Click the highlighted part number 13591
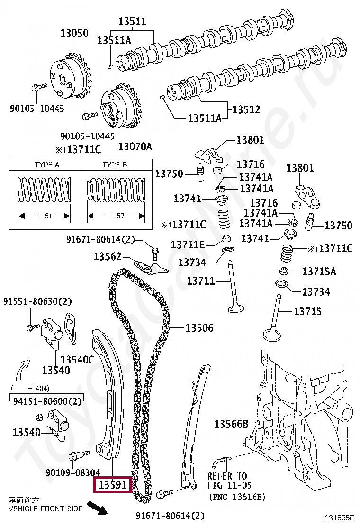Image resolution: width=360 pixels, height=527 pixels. pos(113,485)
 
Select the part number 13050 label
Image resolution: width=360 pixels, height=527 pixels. pos(74,33)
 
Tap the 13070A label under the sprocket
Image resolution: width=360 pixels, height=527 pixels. pos(135,146)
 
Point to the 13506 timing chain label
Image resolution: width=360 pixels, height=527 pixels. pos(199,327)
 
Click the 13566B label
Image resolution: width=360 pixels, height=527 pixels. pos(231,424)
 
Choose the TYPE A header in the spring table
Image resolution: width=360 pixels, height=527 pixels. pos(47,165)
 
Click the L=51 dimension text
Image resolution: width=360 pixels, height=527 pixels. pos(44,216)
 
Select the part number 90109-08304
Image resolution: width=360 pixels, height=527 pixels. pos(73,472)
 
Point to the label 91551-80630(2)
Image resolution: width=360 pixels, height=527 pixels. pos(37,301)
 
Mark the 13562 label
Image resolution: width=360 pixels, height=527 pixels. pos(108,256)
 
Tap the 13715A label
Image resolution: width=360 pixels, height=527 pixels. pos(319,272)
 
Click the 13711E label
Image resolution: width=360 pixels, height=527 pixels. pos(188,245)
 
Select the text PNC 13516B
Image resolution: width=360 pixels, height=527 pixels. pos(237,497)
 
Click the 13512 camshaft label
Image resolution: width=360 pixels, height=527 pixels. pos(246,109)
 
